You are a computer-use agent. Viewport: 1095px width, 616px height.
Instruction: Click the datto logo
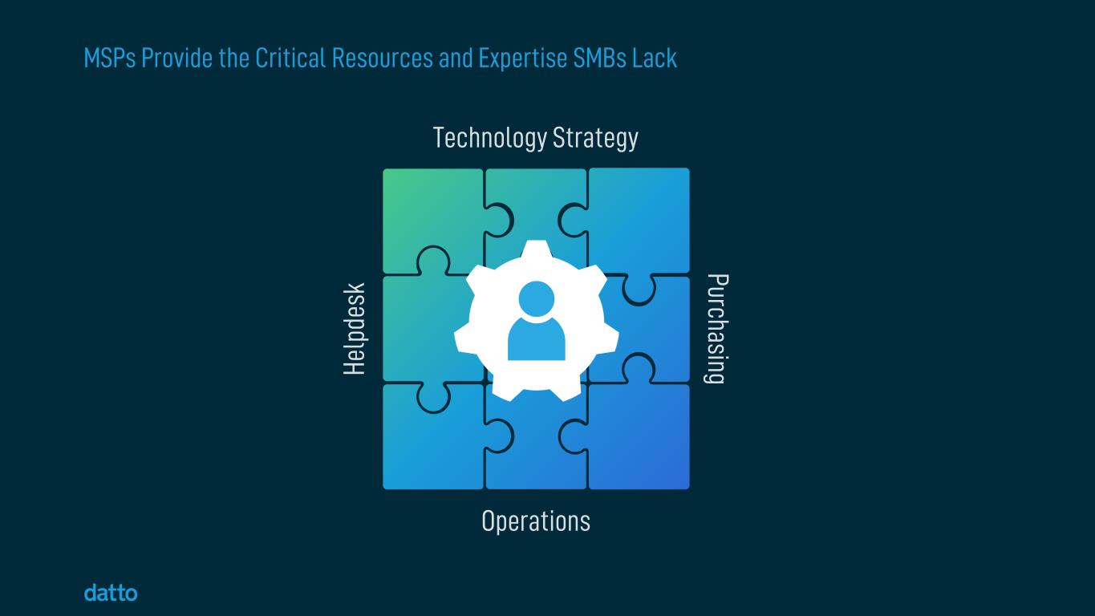coord(111,594)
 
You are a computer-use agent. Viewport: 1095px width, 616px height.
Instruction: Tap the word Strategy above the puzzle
coord(595,138)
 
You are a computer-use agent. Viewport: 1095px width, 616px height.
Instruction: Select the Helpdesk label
coord(355,329)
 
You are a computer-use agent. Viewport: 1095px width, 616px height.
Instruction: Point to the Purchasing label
coord(716,329)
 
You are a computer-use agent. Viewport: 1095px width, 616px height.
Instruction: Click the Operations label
coord(536,521)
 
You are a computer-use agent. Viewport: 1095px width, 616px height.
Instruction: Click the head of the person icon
coord(537,298)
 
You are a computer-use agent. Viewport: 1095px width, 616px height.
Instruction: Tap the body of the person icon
coord(537,340)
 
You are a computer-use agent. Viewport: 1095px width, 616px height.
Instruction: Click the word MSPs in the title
coord(110,59)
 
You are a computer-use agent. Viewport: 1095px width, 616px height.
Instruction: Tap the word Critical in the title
coord(290,59)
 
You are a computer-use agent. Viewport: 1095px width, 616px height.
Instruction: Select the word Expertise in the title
coord(523,59)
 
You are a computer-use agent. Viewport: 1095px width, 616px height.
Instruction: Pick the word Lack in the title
coord(655,59)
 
